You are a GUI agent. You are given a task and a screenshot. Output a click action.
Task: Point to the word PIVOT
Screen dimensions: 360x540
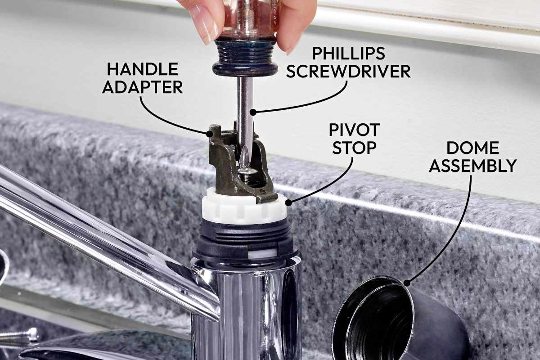[354, 130]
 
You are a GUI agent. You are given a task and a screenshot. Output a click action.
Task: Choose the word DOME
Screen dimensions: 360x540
[472, 148]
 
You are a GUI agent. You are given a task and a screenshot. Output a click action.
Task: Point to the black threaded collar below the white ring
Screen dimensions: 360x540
[244, 236]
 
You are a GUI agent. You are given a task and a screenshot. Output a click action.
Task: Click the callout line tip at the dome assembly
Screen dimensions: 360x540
[407, 283]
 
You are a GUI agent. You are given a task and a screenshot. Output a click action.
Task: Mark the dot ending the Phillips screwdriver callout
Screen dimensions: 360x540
[253, 112]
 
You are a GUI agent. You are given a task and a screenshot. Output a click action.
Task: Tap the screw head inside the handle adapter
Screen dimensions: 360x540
[246, 171]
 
